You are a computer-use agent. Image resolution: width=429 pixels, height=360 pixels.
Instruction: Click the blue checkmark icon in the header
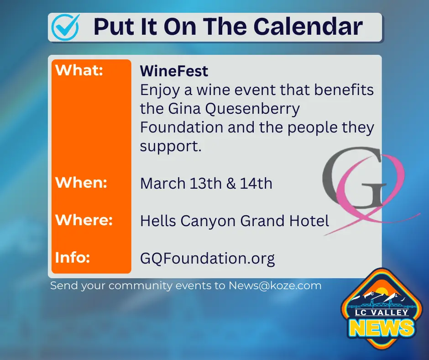tap(65, 27)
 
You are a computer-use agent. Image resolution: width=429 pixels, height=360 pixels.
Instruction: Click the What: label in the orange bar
tap(79, 71)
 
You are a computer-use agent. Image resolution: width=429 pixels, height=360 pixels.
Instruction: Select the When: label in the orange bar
tap(81, 183)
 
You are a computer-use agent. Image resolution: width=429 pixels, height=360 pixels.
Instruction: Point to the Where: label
tap(84, 220)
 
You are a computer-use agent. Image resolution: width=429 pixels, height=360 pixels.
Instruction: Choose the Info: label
tap(73, 257)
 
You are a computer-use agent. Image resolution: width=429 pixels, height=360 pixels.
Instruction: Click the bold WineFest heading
tap(174, 71)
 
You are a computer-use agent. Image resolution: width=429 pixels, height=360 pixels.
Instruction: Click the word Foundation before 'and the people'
tap(182, 127)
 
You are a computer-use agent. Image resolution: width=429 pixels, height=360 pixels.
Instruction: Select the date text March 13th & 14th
tap(206, 184)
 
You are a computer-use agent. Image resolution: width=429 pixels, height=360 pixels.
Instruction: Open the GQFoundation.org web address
tap(207, 259)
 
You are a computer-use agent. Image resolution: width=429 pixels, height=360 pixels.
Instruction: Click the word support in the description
tap(171, 147)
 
